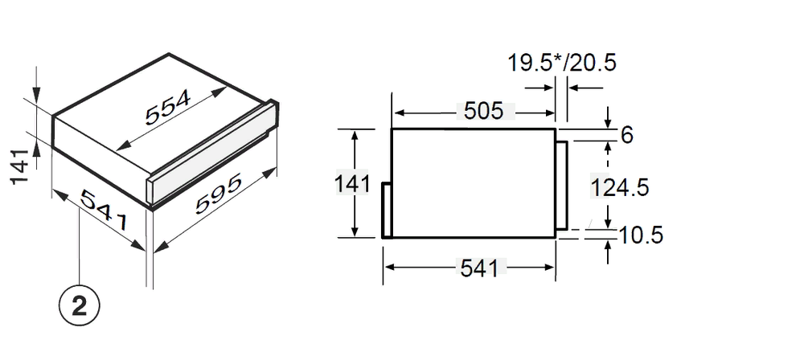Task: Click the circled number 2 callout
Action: tap(79, 306)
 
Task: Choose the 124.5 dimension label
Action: tap(619, 187)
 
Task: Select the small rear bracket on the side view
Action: tap(387, 210)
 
